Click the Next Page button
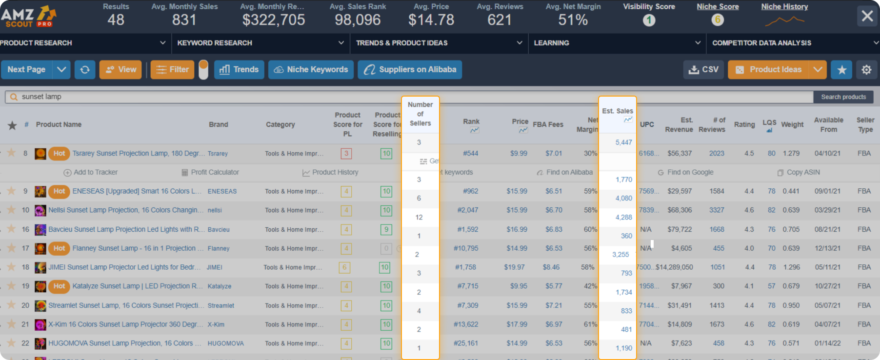click(26, 70)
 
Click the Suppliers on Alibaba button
click(410, 70)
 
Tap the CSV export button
click(703, 70)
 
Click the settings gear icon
click(866, 70)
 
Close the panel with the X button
click(867, 16)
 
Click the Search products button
click(843, 97)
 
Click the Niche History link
click(784, 7)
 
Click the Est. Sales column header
click(617, 111)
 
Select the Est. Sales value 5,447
click(623, 142)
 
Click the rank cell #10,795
click(466, 248)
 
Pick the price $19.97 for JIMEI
click(514, 267)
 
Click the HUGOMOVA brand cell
click(225, 343)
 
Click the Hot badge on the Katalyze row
click(59, 286)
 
